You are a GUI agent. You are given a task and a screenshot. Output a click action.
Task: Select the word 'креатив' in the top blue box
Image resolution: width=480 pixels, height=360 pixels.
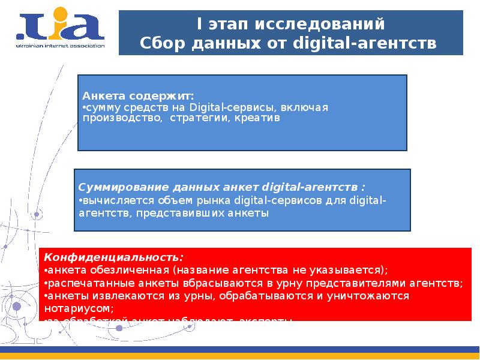pos(257,118)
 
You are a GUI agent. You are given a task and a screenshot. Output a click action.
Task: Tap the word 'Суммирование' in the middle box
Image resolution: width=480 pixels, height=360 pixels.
pos(115,187)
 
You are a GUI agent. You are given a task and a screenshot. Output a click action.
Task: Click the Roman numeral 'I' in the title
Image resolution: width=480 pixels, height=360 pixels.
pos(200,25)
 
